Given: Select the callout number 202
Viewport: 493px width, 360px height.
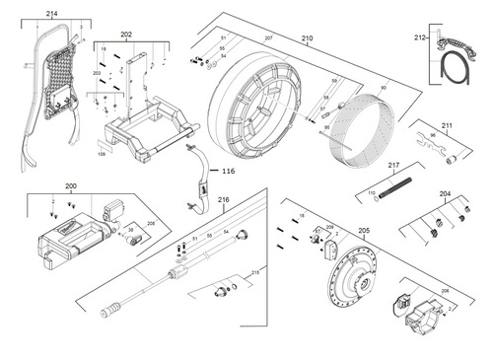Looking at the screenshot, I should (126, 35).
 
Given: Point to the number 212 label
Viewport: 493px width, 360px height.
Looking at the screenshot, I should (421, 39).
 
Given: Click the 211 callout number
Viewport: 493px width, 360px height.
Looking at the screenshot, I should (447, 125).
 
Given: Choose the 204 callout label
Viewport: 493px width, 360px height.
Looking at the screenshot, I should (445, 194).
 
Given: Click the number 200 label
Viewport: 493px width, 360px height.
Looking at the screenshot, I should (70, 186).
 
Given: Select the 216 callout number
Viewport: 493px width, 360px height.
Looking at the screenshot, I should (224, 200).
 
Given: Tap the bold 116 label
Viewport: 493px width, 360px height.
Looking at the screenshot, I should (228, 171).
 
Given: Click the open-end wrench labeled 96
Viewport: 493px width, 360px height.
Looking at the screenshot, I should (435, 150).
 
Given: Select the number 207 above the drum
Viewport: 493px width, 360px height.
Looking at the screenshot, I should (268, 37).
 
